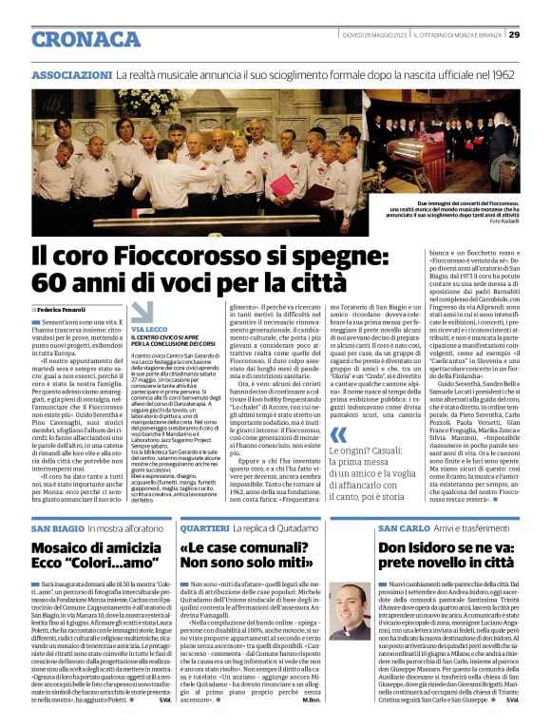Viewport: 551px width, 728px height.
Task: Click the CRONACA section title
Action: (86, 39)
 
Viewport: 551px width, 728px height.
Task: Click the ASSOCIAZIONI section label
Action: (72, 74)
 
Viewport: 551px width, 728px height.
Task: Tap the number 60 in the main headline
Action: (49, 282)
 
